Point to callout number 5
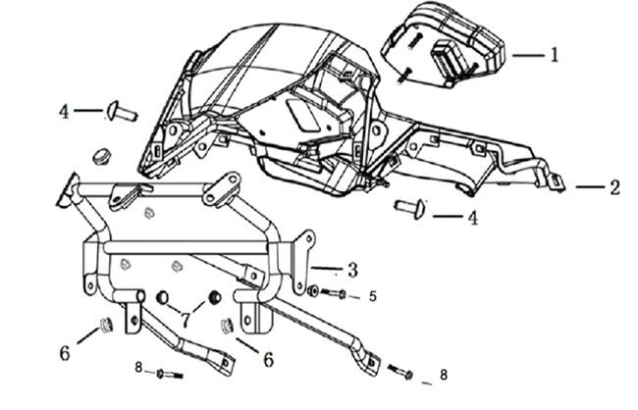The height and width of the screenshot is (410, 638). [x=371, y=295]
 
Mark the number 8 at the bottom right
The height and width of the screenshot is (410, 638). [x=443, y=375]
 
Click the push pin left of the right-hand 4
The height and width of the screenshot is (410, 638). [x=410, y=207]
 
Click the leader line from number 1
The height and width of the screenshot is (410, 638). [x=524, y=56]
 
